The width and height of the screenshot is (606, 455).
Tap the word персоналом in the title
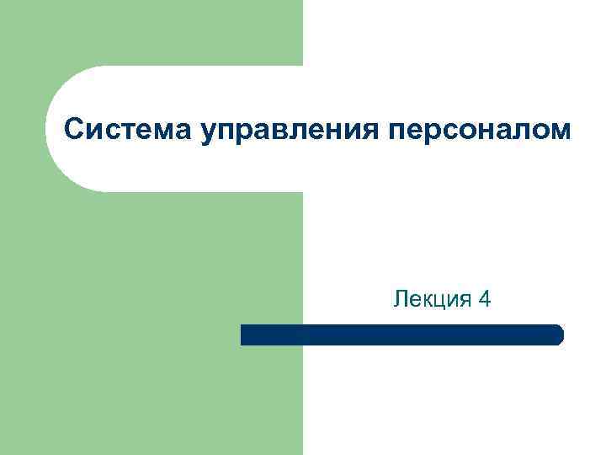479,131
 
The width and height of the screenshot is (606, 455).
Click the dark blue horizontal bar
401,335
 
